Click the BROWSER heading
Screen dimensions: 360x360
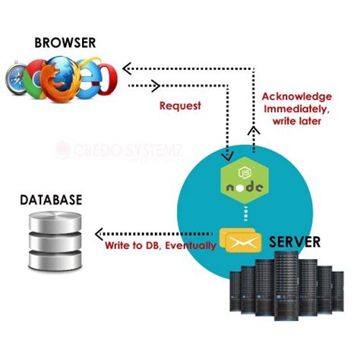[x=65, y=43]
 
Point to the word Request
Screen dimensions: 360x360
[x=180, y=106]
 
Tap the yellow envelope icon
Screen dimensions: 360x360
[x=240, y=240]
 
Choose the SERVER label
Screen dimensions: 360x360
[x=293, y=242]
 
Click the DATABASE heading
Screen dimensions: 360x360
[x=51, y=201]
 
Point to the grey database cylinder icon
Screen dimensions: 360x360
[x=50, y=241]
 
